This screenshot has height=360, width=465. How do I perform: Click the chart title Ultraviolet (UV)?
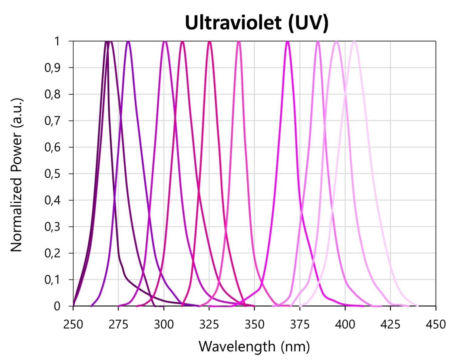tap(256, 23)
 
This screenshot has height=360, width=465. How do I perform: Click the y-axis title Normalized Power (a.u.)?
tap(17, 175)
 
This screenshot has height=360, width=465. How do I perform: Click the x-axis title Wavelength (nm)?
tap(254, 346)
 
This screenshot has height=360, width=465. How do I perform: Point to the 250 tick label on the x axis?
tap(73, 324)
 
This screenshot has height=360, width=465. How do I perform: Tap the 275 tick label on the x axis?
tap(118, 324)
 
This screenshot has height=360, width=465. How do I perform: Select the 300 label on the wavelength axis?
tap(164, 324)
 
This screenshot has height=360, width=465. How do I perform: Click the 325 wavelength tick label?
tap(209, 324)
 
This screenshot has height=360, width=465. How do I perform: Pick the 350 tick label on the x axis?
tap(254, 324)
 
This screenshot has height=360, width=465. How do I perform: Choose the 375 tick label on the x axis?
tap(300, 324)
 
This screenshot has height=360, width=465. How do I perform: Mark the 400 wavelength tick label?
tap(345, 324)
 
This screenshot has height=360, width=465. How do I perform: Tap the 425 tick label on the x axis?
tap(391, 324)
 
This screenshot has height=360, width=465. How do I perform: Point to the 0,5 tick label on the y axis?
tap(52, 174)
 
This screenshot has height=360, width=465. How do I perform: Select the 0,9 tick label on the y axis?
tap(52, 68)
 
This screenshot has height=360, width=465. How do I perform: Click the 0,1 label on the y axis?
tap(52, 280)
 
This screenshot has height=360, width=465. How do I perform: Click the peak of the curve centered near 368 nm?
tap(287, 42)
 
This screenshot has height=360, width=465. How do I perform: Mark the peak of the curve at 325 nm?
tap(209, 42)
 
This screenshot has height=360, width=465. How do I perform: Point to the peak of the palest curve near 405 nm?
tap(354, 42)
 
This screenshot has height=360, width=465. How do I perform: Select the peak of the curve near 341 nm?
tap(239, 42)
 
